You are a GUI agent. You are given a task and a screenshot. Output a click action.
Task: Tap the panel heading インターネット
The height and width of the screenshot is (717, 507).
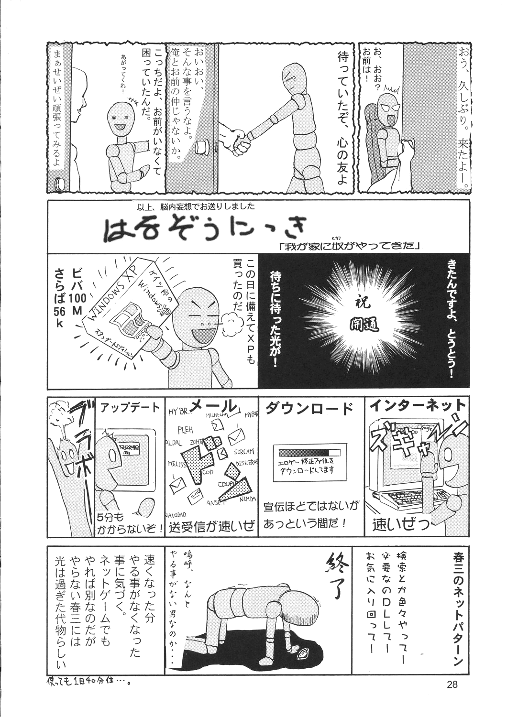pyautogui.click(x=418, y=405)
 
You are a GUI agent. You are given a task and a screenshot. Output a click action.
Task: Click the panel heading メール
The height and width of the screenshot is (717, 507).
pyautogui.click(x=213, y=407)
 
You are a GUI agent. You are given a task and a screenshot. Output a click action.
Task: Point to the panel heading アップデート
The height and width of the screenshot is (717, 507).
pyautogui.click(x=130, y=408)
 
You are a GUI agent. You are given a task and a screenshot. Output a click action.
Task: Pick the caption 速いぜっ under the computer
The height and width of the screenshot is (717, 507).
pyautogui.click(x=401, y=526)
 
